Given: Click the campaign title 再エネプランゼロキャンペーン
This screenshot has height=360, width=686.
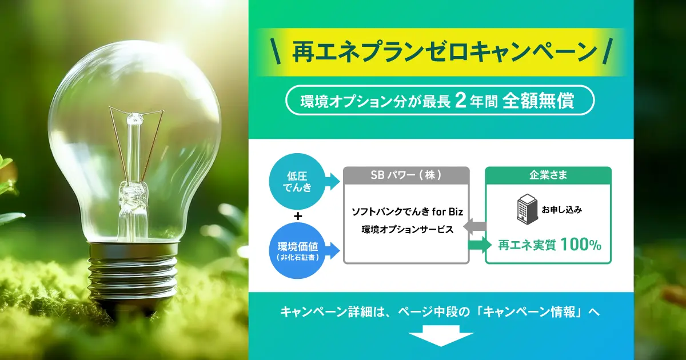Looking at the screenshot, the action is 444,52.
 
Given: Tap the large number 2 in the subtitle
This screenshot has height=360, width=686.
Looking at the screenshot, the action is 460,101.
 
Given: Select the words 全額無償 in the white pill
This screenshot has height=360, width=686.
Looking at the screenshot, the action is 538,101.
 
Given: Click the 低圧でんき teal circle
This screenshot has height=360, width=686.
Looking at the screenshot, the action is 297,182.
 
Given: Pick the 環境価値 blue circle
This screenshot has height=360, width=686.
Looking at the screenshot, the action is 297,251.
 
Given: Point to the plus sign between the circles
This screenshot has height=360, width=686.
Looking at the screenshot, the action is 298,217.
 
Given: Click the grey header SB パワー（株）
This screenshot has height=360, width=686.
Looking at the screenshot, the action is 406,175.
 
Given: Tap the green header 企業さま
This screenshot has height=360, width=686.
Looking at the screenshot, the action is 548,175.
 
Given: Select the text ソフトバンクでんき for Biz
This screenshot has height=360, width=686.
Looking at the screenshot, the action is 407,211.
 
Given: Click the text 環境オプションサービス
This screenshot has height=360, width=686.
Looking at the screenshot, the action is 407,230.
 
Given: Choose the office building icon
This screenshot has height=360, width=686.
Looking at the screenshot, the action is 527,208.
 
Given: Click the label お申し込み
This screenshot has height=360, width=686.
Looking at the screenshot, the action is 561,210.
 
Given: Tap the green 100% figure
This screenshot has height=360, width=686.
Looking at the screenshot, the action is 581,245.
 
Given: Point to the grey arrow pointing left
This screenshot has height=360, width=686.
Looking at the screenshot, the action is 474,226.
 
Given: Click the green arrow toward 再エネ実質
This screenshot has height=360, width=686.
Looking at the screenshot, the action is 480,245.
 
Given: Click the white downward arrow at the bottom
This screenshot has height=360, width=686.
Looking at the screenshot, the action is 441,336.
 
